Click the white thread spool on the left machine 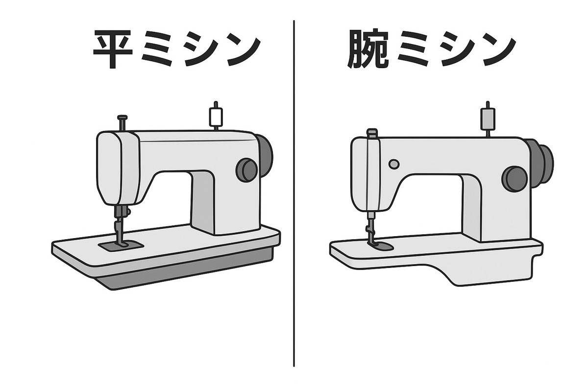click(x=215, y=116)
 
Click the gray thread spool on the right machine click(x=487, y=118)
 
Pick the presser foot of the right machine click(x=379, y=245)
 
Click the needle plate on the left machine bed click(x=121, y=245)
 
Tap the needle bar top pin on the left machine click(x=122, y=118)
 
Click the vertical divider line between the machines click(x=294, y=196)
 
